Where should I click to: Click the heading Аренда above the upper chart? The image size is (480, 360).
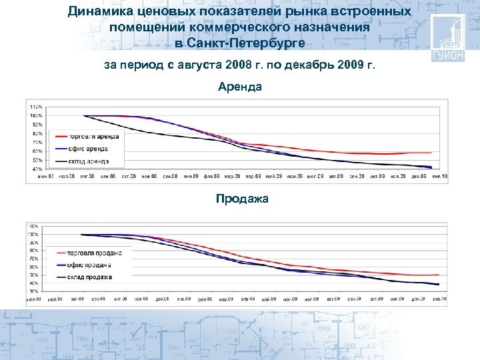point(240,87)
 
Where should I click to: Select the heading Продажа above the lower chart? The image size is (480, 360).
point(240,198)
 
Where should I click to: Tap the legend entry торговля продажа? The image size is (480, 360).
point(93,253)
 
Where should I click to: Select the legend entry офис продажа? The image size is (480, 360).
point(89,265)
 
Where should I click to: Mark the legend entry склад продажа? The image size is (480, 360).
point(89,277)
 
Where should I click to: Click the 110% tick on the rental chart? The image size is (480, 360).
point(36,107)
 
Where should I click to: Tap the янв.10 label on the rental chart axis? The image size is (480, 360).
point(439,176)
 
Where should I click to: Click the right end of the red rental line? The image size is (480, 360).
point(431,153)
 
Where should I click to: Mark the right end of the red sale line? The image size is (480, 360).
point(438,275)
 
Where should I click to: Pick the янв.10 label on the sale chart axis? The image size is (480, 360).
point(439,299)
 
